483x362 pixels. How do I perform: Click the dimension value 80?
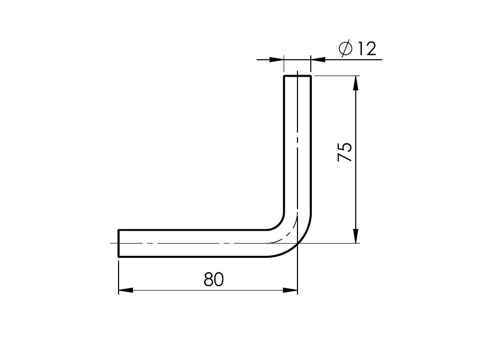click(x=214, y=279)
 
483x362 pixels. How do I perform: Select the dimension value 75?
click(x=344, y=152)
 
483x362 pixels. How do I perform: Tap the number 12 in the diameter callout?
click(x=366, y=49)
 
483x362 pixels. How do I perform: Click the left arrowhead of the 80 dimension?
click(x=126, y=290)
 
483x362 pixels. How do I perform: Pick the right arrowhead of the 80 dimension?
click(x=290, y=290)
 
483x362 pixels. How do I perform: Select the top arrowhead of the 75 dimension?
click(x=356, y=83)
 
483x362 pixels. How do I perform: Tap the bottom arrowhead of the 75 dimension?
click(x=356, y=236)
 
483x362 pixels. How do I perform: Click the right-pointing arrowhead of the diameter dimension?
click(x=277, y=59)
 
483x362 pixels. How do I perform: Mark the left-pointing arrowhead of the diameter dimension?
click(x=318, y=59)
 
